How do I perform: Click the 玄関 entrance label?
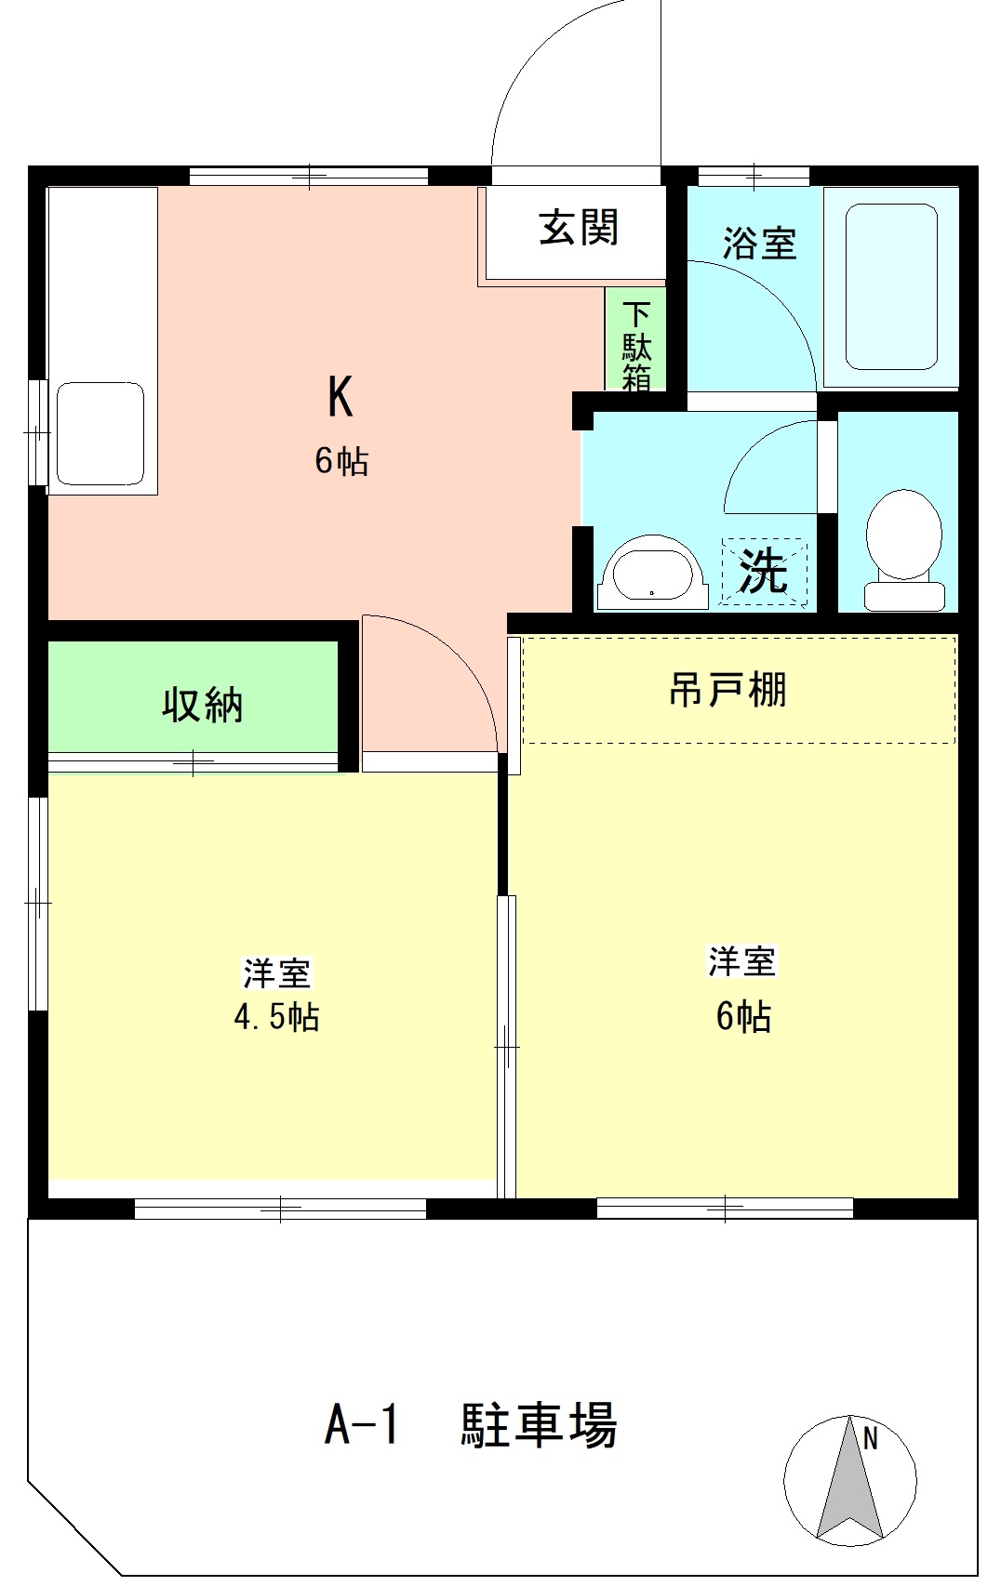tap(579, 228)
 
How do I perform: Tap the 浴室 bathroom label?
tap(759, 244)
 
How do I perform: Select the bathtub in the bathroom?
tap(890, 288)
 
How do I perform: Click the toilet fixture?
tap(903, 548)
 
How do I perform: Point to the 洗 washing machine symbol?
tap(764, 571)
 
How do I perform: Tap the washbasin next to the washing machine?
tap(652, 573)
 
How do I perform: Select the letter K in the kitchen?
tap(340, 397)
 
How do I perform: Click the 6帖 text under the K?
tap(341, 461)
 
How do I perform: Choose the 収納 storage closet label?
tap(203, 705)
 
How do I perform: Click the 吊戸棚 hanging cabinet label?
tap(727, 690)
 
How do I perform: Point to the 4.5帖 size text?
tap(276, 1017)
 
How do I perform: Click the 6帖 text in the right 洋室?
tap(742, 1017)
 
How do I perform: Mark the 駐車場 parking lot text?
tap(540, 1424)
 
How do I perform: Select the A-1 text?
tap(362, 1424)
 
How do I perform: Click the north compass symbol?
tap(849, 1482)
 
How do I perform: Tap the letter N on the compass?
tap(871, 1439)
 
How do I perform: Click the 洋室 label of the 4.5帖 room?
tap(276, 972)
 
